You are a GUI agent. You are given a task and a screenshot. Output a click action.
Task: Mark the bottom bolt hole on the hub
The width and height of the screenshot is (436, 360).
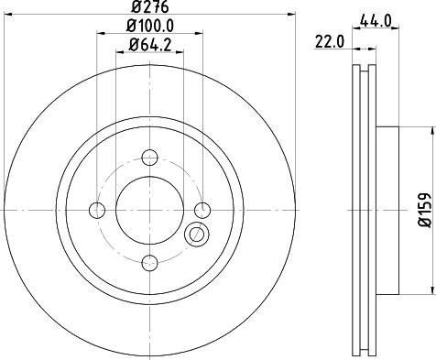[151, 264]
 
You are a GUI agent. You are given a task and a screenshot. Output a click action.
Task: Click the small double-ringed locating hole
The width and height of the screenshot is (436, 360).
[194, 235]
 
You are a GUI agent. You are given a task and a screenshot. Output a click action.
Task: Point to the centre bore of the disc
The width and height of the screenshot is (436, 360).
[151, 211]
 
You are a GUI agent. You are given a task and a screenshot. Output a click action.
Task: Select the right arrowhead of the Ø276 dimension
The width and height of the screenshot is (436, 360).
[294, 16]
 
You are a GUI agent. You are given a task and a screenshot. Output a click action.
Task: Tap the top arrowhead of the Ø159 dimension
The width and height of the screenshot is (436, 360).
[431, 129]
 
